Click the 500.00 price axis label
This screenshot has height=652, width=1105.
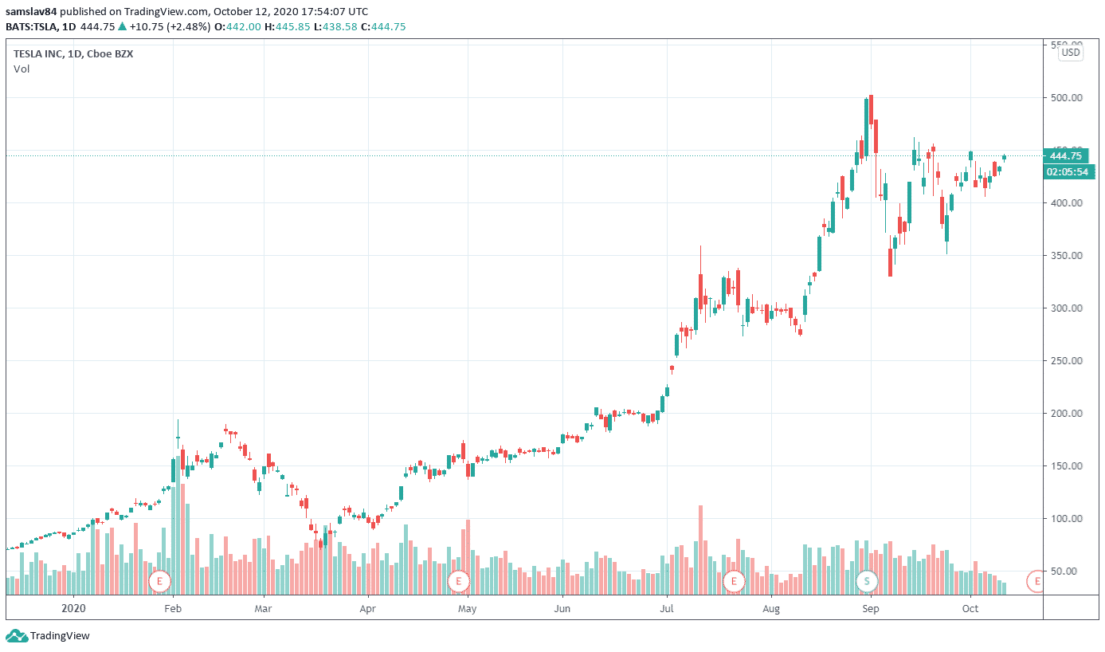click(1067, 98)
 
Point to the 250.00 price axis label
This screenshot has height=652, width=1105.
click(1067, 361)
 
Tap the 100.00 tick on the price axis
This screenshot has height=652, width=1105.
click(1067, 519)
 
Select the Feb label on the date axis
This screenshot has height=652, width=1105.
click(173, 608)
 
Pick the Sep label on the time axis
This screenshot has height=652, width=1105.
click(871, 608)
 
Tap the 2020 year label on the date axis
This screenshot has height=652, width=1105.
click(73, 608)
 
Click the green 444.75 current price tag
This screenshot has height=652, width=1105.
click(1067, 156)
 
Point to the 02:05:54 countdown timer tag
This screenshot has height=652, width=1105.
click(1067, 171)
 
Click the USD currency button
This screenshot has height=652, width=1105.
click(1071, 53)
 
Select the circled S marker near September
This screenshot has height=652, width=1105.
click(866, 581)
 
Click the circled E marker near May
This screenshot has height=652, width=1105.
click(458, 581)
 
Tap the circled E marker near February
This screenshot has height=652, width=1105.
click(159, 581)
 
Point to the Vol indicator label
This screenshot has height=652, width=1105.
click(21, 69)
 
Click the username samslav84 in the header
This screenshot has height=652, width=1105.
click(31, 12)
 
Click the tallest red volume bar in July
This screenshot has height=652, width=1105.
click(700, 550)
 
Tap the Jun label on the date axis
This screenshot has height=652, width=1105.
click(562, 608)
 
